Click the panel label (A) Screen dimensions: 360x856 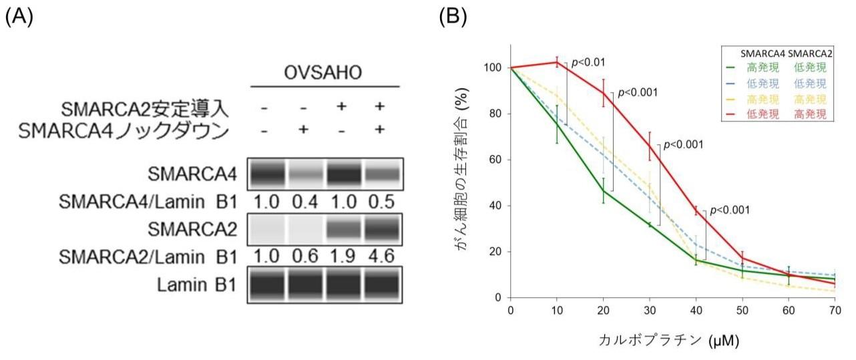tap(19, 16)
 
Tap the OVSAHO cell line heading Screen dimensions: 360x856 tap(325, 73)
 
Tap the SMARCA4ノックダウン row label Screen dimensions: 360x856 tap(124, 131)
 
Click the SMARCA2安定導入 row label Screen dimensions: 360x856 tap(145, 109)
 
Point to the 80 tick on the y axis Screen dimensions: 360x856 tap(497, 114)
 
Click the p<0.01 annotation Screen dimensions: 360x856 tap(588, 62)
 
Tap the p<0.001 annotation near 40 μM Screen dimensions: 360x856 tap(729, 210)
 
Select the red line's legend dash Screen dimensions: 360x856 tap(732, 114)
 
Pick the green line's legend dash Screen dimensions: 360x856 tap(732, 67)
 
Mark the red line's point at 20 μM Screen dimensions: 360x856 tap(603, 92)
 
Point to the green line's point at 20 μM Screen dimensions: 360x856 tap(603, 191)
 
